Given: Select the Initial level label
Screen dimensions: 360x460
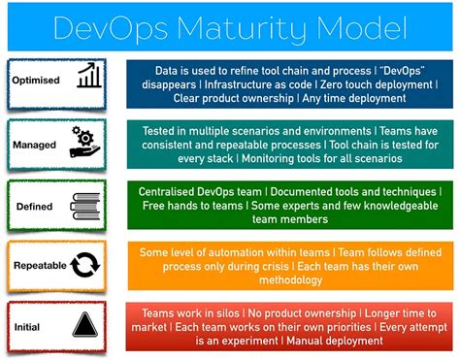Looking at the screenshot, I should tap(26, 326).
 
